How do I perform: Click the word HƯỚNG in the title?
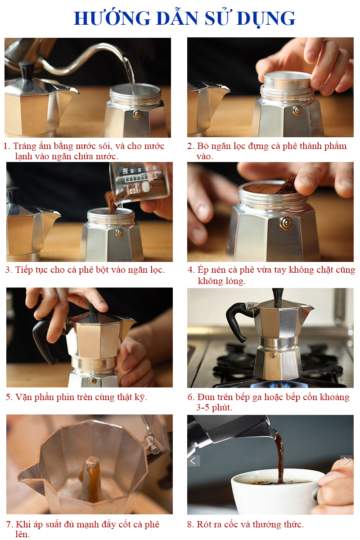click(x=112, y=18)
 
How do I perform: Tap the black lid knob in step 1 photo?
click(x=27, y=70)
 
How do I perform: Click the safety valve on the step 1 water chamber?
click(x=138, y=114)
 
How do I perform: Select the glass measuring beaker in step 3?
click(x=139, y=183)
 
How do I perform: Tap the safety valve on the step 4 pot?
click(x=286, y=223)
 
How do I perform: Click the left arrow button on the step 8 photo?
click(x=193, y=461)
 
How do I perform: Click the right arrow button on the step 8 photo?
click(x=346, y=461)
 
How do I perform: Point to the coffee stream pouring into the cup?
click(x=280, y=455)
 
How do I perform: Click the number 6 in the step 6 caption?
click(x=190, y=397)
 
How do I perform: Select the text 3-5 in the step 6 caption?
click(x=204, y=407)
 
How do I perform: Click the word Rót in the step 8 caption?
click(x=204, y=524)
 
